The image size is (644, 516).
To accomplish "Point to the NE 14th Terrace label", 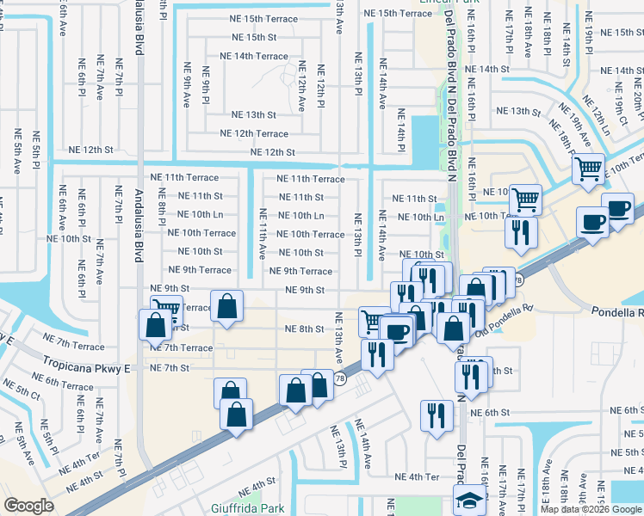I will pos(254,56).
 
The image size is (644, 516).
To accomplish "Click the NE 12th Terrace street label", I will pos(254,133).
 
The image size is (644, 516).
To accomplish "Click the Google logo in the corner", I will pos(28,506).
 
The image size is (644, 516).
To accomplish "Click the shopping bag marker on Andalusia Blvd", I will pos(155,325).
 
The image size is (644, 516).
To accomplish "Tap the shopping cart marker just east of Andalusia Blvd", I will pos(166,308).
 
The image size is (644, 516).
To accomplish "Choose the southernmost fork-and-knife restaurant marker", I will pos(437,415).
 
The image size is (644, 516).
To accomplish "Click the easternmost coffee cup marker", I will pos(618,208).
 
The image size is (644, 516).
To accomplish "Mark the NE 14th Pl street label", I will pos(401,129).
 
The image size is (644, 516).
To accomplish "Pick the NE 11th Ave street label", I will pos(262,234).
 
